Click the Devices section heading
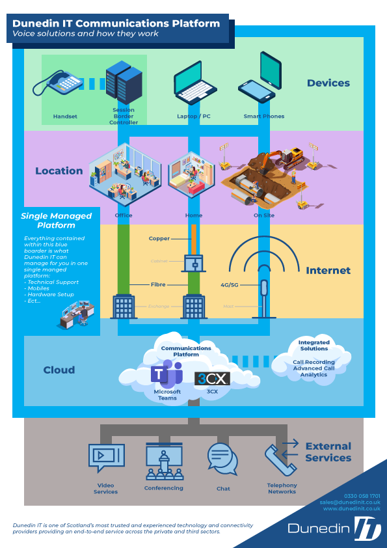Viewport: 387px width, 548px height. coord(328,83)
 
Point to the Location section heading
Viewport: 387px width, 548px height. coord(59,171)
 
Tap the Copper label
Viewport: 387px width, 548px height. coord(159,239)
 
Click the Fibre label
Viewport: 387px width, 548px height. coord(159,284)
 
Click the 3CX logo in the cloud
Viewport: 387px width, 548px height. coord(212,378)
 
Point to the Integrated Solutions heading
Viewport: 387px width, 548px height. coord(314,346)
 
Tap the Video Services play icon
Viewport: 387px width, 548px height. coord(105,456)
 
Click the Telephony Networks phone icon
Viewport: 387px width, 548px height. coord(280,459)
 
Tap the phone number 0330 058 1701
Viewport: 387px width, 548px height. coord(362,496)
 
